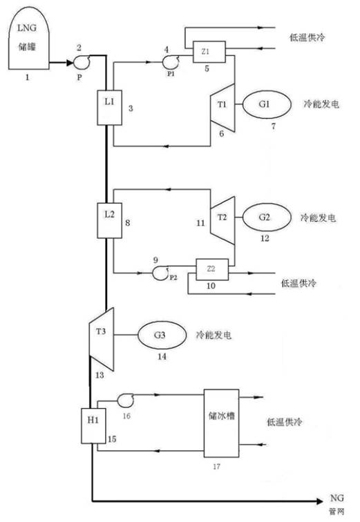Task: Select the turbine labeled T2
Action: [x=221, y=217]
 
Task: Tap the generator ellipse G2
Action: [x=265, y=217]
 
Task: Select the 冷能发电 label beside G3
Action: [x=213, y=334]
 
